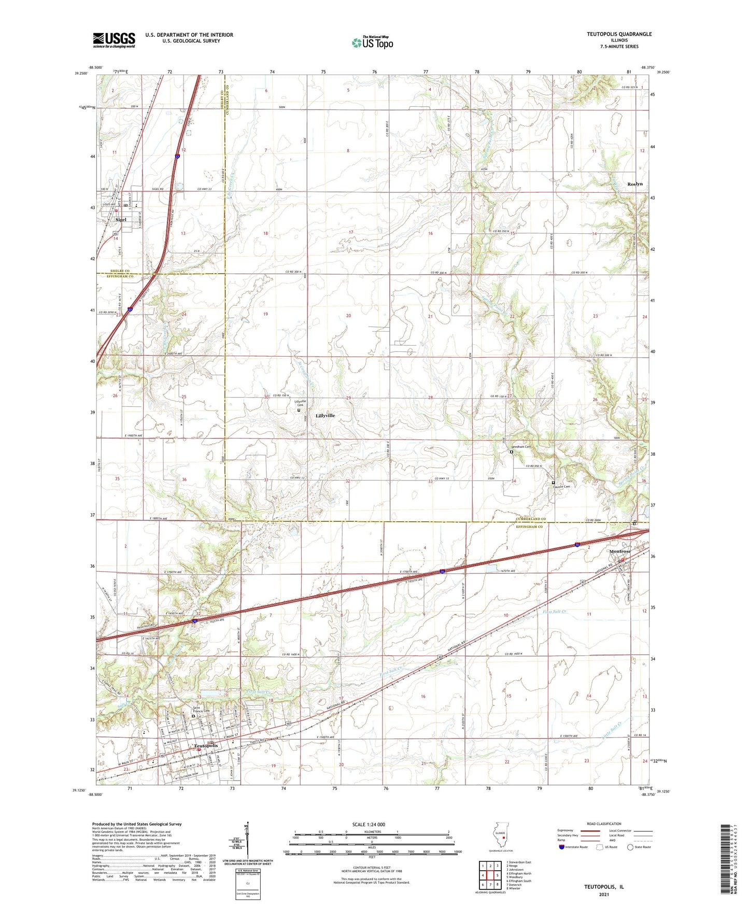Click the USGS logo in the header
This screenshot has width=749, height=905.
tap(114, 40)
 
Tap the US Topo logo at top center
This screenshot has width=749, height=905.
tap(372, 43)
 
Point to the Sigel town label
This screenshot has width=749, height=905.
tap(121, 220)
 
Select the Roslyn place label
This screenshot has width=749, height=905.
tap(634, 184)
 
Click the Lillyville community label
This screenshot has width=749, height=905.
tap(325, 416)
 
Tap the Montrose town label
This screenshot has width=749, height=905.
tap(620, 552)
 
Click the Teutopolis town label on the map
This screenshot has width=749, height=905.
tap(205, 746)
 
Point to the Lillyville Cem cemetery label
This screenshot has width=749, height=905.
tap(300, 403)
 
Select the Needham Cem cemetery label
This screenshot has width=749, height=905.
tap(521, 447)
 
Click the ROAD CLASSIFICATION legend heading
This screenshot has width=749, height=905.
tap(604, 824)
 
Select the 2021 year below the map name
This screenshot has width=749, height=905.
tap(604, 894)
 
